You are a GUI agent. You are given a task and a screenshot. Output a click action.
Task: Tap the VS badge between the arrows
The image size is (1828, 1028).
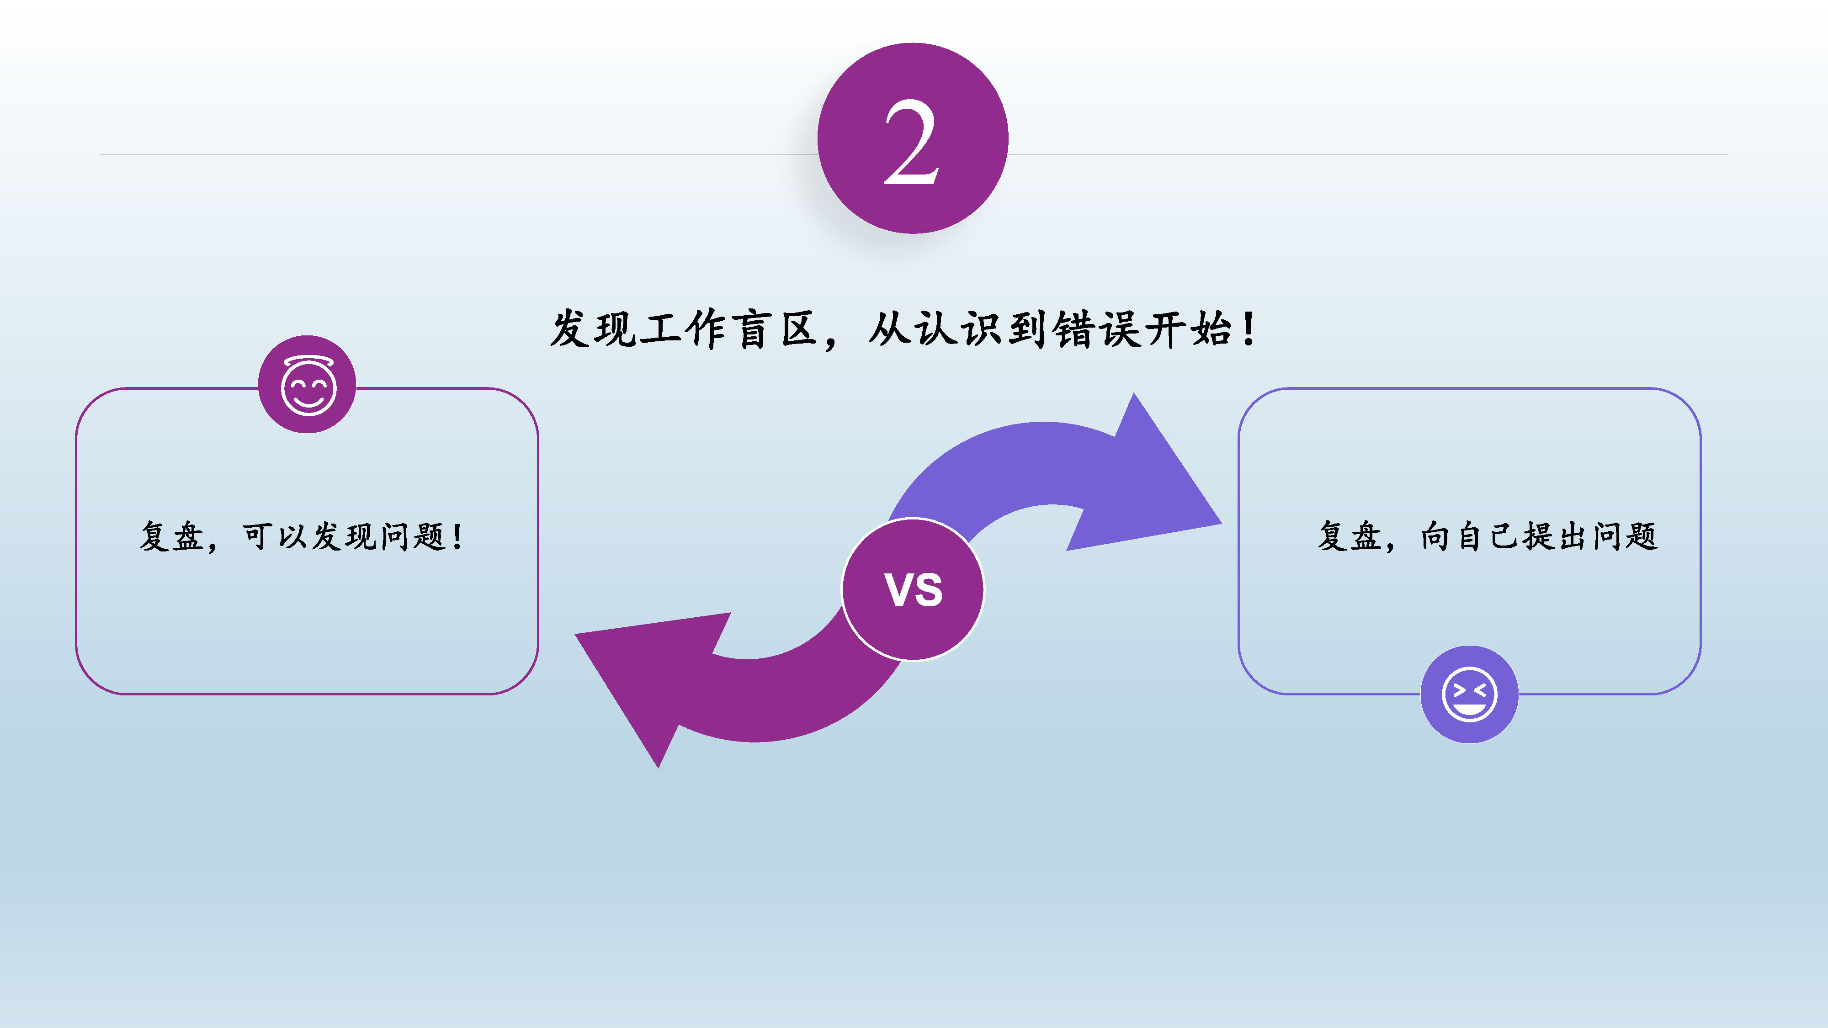pyautogui.click(x=913, y=589)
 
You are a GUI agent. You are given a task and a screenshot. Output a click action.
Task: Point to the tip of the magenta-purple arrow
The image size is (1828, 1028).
pyautogui.click(x=575, y=634)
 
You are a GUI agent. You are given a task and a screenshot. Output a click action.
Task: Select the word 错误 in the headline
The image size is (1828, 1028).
pyautogui.click(x=1098, y=330)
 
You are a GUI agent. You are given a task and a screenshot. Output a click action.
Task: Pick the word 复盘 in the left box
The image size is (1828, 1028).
pyautogui.click(x=172, y=536)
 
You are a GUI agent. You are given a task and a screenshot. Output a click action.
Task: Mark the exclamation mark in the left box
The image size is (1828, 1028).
pyautogui.click(x=458, y=536)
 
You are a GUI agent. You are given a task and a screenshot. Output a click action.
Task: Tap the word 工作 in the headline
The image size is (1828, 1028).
pyautogui.click(x=684, y=330)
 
